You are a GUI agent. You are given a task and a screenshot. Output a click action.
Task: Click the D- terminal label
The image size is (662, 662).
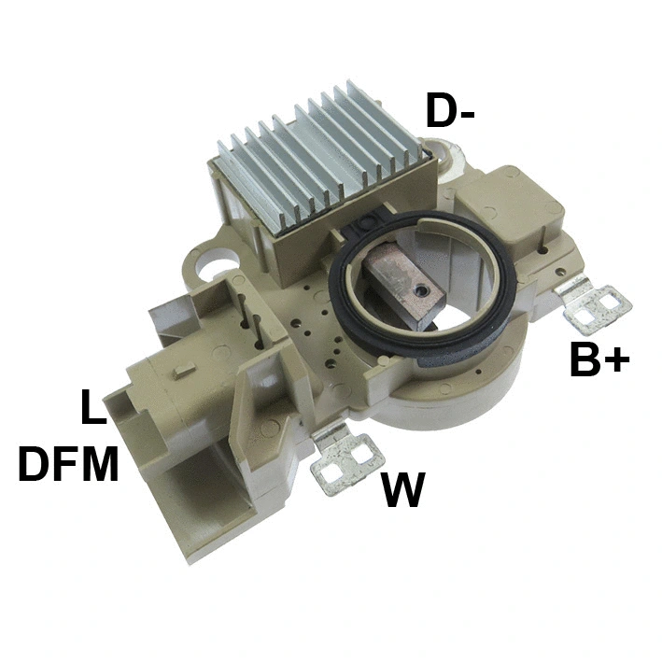[x=450, y=111]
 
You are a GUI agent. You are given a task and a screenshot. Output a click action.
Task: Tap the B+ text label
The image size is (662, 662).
[x=599, y=360]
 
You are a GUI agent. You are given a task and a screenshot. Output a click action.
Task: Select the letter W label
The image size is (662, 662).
[x=403, y=489]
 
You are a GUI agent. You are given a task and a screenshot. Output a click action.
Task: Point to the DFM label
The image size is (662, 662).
[x=69, y=464]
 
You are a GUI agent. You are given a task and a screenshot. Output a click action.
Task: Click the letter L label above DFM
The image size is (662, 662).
[x=92, y=408]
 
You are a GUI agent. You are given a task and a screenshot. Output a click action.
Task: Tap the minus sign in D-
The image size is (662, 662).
[x=468, y=115]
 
